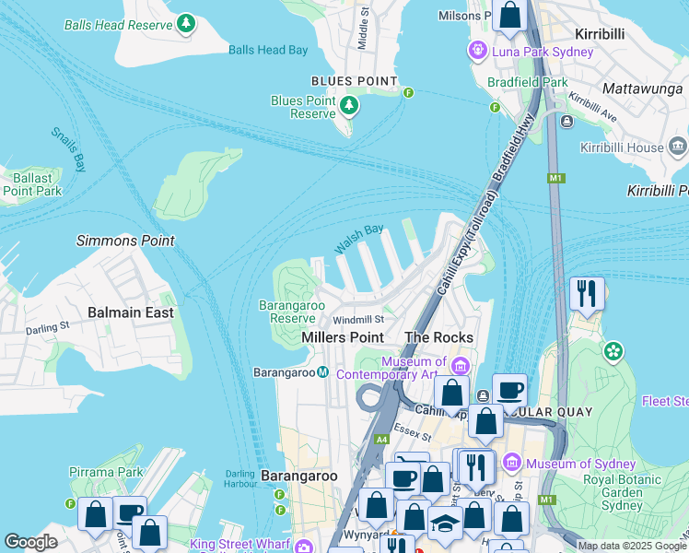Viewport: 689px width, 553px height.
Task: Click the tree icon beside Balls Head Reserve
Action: (187, 22)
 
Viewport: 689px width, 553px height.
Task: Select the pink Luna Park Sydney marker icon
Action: (477, 50)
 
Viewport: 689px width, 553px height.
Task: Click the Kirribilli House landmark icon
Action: (678, 147)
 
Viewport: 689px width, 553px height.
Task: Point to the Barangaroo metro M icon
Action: (323, 372)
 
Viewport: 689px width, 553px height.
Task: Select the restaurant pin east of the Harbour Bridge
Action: (587, 294)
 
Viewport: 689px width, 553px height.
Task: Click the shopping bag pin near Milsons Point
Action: (508, 16)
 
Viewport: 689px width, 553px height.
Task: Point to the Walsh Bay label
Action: (359, 240)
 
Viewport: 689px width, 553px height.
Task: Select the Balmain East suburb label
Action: (130, 312)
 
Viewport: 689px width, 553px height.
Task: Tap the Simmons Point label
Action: (125, 241)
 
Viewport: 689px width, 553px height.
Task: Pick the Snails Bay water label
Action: (68, 148)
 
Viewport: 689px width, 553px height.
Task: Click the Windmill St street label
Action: (358, 319)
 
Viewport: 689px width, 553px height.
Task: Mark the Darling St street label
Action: (47, 327)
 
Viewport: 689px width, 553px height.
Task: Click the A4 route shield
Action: (381, 440)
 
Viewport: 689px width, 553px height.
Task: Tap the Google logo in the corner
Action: (30, 542)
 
